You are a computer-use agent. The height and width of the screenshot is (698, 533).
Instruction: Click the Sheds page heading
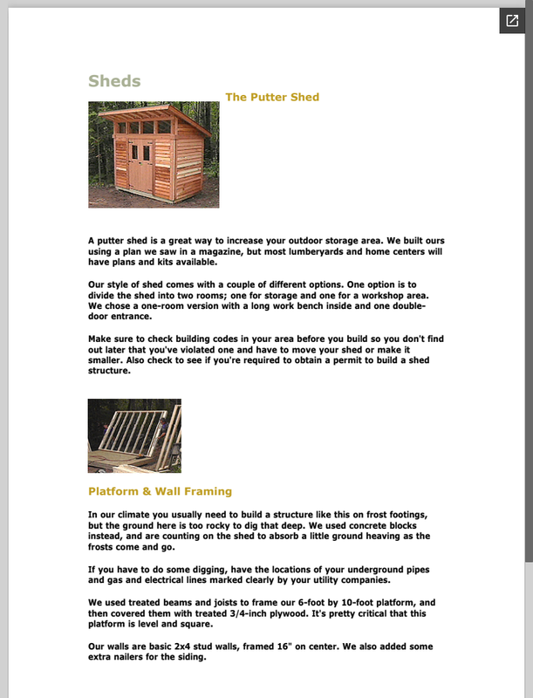pyautogui.click(x=114, y=81)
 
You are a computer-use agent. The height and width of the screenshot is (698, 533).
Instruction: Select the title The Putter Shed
pyautogui.click(x=272, y=97)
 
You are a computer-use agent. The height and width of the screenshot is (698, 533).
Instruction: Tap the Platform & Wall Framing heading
pyautogui.click(x=160, y=491)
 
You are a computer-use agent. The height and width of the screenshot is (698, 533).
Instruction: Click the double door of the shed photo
pyautogui.click(x=140, y=166)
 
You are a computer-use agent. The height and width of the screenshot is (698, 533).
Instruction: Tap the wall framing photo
pyautogui.click(x=134, y=435)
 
